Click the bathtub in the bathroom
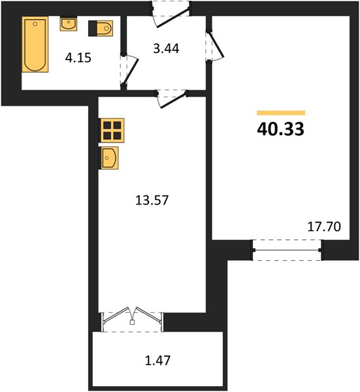coord(35,44)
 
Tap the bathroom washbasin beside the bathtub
coord(68,24)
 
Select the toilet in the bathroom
coord(101,28)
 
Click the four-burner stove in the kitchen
coord(112,130)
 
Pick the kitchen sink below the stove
coord(109,158)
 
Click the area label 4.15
coord(78,58)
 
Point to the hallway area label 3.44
coord(166,48)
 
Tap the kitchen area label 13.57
coord(152,201)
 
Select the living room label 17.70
coord(324,227)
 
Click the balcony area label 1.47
coord(157,361)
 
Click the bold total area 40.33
coord(280,129)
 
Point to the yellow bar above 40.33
coord(281,113)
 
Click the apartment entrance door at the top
coord(171,15)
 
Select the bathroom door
coord(129,71)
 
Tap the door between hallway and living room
coord(214,46)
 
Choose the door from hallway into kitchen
coord(172,98)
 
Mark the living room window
coord(287,250)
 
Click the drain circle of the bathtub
coord(35,24)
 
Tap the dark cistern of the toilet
coord(93,28)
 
